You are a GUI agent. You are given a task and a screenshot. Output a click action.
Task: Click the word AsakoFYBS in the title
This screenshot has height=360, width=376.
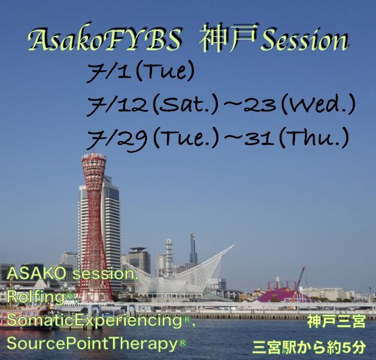pos(104,39)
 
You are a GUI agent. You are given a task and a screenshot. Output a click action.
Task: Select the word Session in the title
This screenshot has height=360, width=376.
pos(305,39)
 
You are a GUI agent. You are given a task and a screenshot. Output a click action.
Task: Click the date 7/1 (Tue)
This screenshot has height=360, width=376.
pos(140,71)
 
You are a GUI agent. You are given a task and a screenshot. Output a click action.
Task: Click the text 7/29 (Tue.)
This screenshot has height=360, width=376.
pos(153,138)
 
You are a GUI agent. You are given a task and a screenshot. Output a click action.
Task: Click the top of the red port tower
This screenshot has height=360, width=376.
pos(93,155)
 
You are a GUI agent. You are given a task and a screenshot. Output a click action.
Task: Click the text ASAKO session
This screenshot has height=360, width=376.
pos(71,274)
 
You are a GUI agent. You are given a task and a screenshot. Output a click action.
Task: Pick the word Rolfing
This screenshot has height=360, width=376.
pos(36,297)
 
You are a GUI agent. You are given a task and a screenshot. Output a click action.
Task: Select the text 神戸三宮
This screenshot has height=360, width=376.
pos(336,322)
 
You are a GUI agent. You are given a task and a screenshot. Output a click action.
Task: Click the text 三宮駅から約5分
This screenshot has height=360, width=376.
pos(309,346)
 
